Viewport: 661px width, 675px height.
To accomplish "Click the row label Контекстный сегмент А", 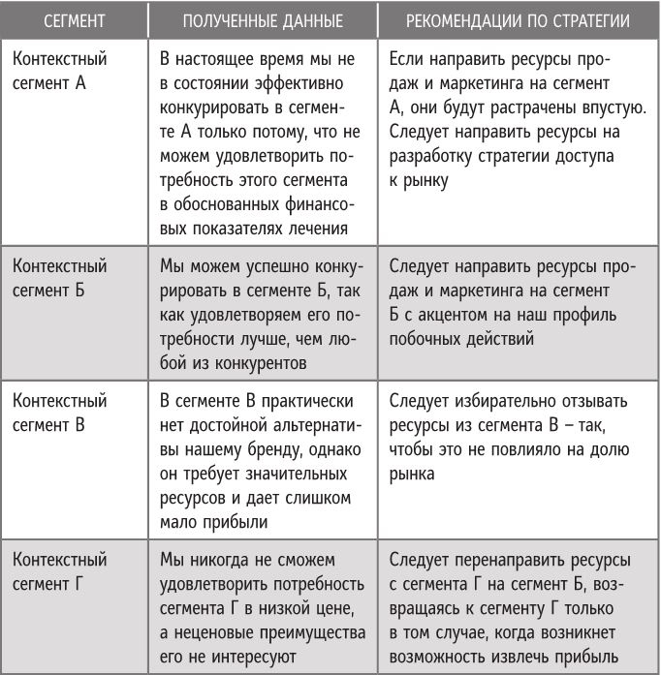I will tap(59, 71).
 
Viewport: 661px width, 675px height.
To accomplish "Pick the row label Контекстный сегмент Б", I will tap(59, 277).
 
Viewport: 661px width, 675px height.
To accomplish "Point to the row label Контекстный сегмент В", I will tap(59, 412).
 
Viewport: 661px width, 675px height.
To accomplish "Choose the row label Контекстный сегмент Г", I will tap(59, 571).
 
